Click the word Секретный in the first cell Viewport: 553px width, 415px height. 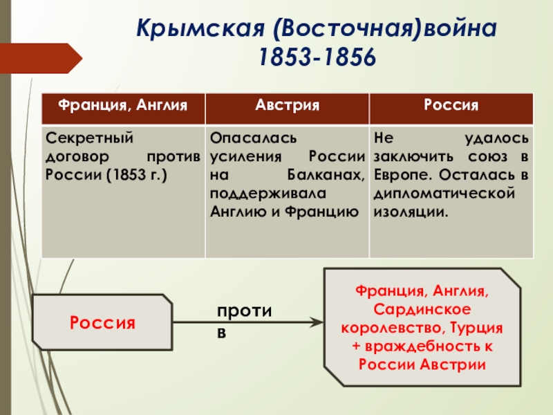click(79, 138)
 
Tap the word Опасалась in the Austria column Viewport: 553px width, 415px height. click(247, 138)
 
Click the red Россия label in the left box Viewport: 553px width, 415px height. click(102, 322)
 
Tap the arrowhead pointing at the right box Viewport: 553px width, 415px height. click(316, 322)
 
